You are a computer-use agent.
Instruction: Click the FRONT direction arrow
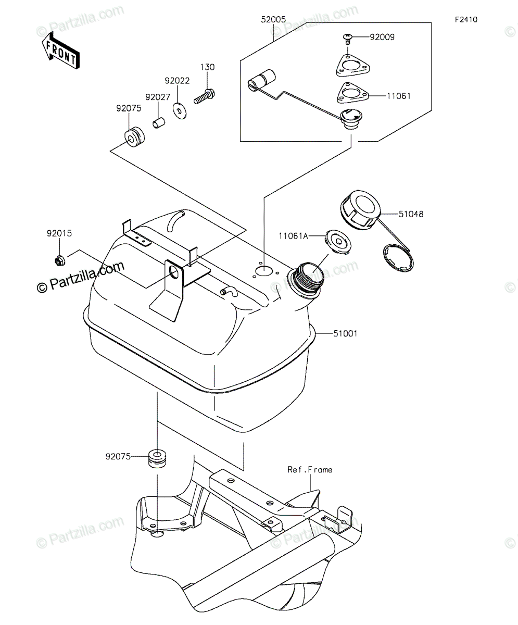(x=61, y=51)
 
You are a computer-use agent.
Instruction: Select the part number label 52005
(x=273, y=20)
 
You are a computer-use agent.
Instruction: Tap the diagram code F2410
(x=466, y=20)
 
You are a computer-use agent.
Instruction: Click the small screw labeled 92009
(x=347, y=39)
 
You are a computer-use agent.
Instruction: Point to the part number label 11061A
(x=293, y=236)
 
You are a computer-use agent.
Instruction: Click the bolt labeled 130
(x=205, y=96)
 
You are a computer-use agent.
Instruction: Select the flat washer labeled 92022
(x=180, y=111)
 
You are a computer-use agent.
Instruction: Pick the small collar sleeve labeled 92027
(x=159, y=123)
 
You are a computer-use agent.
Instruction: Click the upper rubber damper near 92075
(x=134, y=137)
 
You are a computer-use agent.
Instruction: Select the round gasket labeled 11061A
(x=338, y=242)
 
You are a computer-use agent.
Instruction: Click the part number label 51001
(x=345, y=333)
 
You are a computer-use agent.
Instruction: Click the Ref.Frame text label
(x=310, y=470)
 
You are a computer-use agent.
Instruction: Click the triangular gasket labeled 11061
(x=352, y=93)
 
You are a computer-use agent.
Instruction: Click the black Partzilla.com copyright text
(x=81, y=276)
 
